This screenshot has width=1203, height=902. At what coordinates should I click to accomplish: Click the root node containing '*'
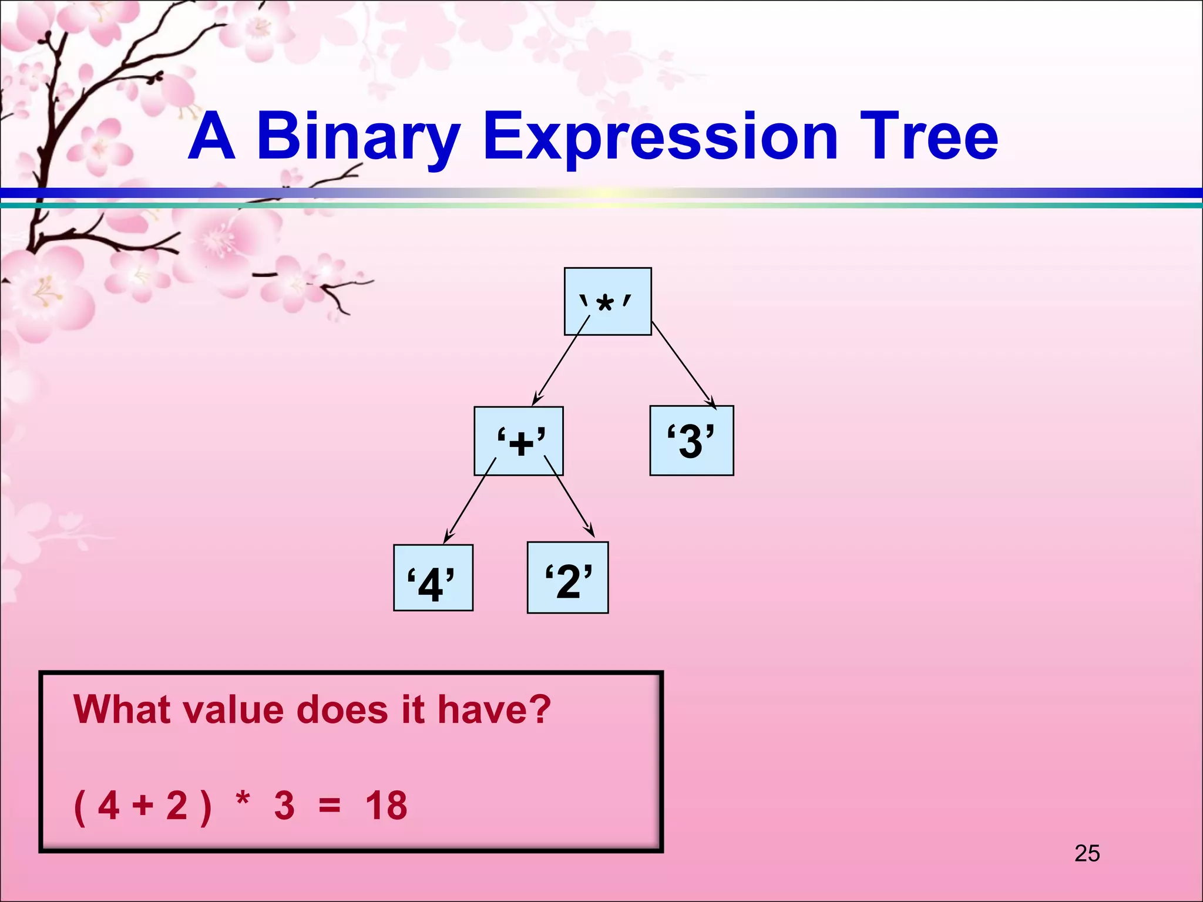point(607,301)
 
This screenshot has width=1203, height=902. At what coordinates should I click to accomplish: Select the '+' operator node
point(519,440)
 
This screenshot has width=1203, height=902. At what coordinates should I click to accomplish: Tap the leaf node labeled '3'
point(691,440)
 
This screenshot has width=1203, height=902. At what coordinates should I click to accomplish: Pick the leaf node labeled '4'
point(433,578)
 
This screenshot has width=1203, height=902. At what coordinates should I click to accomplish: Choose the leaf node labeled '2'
point(567,578)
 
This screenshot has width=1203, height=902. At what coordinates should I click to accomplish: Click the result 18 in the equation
point(386,805)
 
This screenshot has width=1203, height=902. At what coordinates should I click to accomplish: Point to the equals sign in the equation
point(330,806)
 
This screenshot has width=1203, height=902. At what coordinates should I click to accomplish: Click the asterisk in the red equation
point(243,800)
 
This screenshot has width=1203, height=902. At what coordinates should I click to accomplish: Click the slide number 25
point(1087,853)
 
